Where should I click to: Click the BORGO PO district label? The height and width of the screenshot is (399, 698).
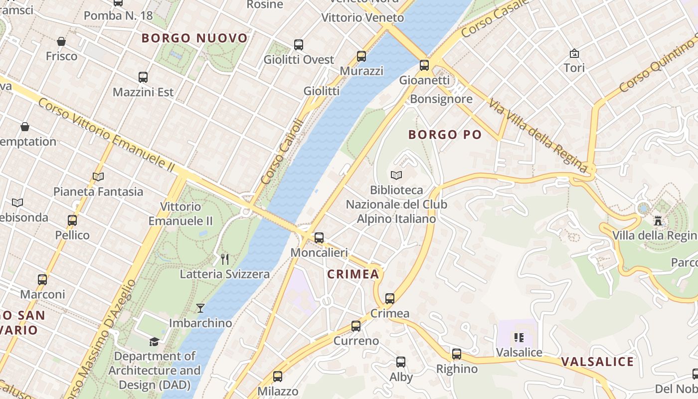[x=445, y=135]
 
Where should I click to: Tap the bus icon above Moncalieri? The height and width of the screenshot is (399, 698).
[x=319, y=238]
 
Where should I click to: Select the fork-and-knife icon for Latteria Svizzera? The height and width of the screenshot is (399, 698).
[x=225, y=259]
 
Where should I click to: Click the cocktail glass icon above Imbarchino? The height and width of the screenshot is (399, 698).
[x=200, y=308]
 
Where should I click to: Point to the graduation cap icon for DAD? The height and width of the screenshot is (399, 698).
[x=155, y=342]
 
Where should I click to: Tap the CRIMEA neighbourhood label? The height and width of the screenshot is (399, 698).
[x=353, y=274]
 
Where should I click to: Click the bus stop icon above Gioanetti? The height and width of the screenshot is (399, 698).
[x=424, y=65]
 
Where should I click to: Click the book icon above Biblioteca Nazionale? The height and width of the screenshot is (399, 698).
[x=396, y=175]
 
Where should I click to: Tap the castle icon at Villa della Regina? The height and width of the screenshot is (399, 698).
[x=658, y=220]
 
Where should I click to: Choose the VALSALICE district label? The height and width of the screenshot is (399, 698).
[x=597, y=362]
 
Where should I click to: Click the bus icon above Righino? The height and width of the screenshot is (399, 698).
[x=457, y=354]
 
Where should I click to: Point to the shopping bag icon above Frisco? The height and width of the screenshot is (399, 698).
[x=61, y=41]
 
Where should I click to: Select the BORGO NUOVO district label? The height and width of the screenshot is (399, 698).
[x=194, y=38]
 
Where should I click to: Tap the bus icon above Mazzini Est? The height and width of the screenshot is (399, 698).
[x=143, y=77]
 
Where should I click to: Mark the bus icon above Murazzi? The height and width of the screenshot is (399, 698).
[x=361, y=56]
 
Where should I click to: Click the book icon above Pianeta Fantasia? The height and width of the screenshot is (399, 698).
[x=98, y=177]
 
